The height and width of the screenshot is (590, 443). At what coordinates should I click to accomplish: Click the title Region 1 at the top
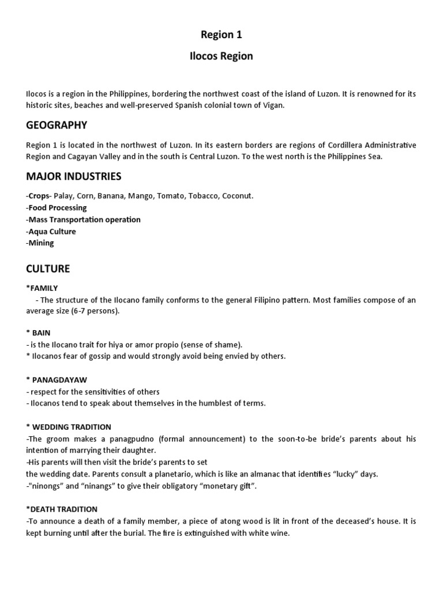coord(221,35)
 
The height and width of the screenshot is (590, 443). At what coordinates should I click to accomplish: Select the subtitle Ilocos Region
coord(221,56)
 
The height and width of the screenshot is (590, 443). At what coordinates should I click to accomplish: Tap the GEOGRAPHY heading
coord(57,125)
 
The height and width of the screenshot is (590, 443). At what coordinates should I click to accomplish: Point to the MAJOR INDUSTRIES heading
coord(74,176)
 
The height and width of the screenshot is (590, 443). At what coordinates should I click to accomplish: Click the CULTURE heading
coord(48,268)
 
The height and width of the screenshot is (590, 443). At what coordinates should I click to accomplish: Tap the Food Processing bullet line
coord(57,207)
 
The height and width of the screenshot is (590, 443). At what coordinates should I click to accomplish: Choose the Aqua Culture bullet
coord(51,231)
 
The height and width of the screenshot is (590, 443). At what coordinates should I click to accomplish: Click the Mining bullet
coord(40,243)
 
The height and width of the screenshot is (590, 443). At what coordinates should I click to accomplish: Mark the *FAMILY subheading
coord(42,288)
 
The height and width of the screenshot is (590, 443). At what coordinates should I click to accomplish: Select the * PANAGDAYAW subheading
coord(54,380)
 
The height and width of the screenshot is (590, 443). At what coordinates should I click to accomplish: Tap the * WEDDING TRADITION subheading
coord(69,427)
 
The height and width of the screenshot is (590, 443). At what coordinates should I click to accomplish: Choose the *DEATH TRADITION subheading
coord(62,509)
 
